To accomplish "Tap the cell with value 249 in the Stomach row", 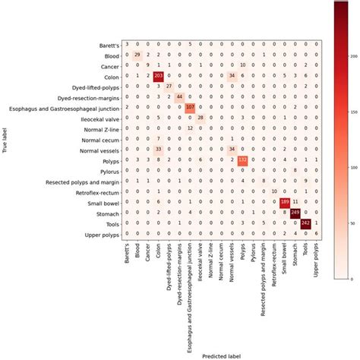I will (295, 212).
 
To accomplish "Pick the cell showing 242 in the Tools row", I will (306, 223).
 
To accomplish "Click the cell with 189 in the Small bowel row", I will (285, 201).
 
